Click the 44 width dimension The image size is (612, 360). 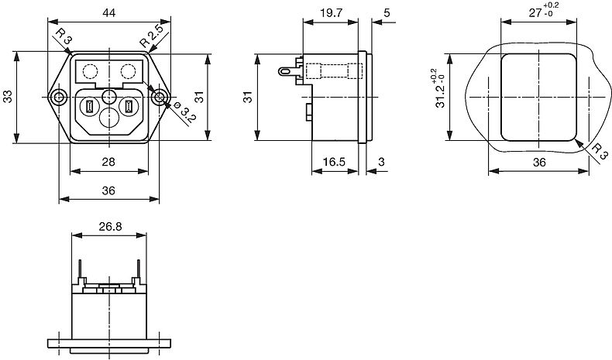(109, 13)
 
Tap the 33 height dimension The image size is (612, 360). (8, 96)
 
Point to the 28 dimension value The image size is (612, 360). (108, 162)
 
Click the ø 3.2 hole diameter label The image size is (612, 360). (184, 113)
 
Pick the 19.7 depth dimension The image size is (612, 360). (331, 13)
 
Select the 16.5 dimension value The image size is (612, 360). (335, 162)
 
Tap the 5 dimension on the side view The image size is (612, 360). (387, 13)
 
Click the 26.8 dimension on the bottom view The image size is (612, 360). (110, 226)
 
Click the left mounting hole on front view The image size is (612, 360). (59, 97)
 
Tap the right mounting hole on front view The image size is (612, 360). (160, 97)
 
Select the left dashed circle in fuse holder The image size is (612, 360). (90, 71)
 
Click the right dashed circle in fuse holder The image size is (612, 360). (129, 71)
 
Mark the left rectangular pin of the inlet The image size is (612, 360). (90, 107)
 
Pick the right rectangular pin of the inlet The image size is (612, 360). (129, 107)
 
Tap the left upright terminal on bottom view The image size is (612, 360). (81, 269)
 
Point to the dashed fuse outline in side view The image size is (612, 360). (334, 71)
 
